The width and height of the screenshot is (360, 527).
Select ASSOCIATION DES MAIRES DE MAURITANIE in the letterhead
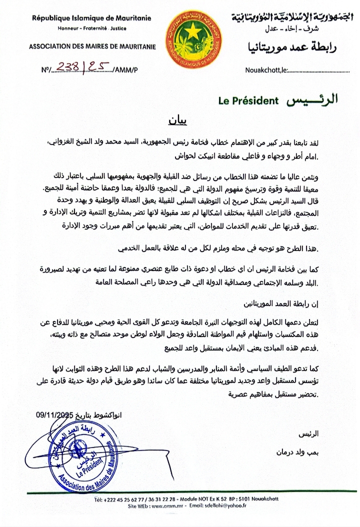coord(92,47)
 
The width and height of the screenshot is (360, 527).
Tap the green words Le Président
coord(248,100)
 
